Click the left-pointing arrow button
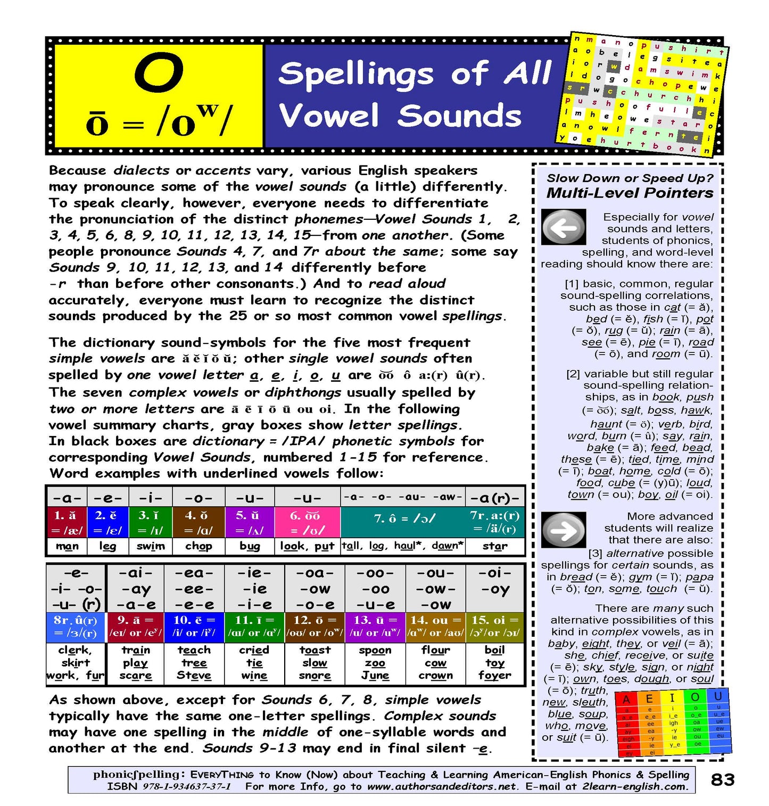(x=563, y=227)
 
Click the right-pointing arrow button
(x=563, y=530)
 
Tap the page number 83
(x=723, y=779)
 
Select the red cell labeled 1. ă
(x=66, y=522)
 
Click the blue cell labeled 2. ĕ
(x=108, y=522)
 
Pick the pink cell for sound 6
(x=307, y=522)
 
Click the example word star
(x=494, y=546)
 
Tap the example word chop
(x=199, y=546)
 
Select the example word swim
(x=151, y=546)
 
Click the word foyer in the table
(x=494, y=676)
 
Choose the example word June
(x=375, y=676)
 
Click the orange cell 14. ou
(x=435, y=627)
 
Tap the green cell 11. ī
(x=254, y=627)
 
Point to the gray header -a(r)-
(x=494, y=498)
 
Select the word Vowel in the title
(x=329, y=116)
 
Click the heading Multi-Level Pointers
(x=630, y=193)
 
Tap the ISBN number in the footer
(x=186, y=786)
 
